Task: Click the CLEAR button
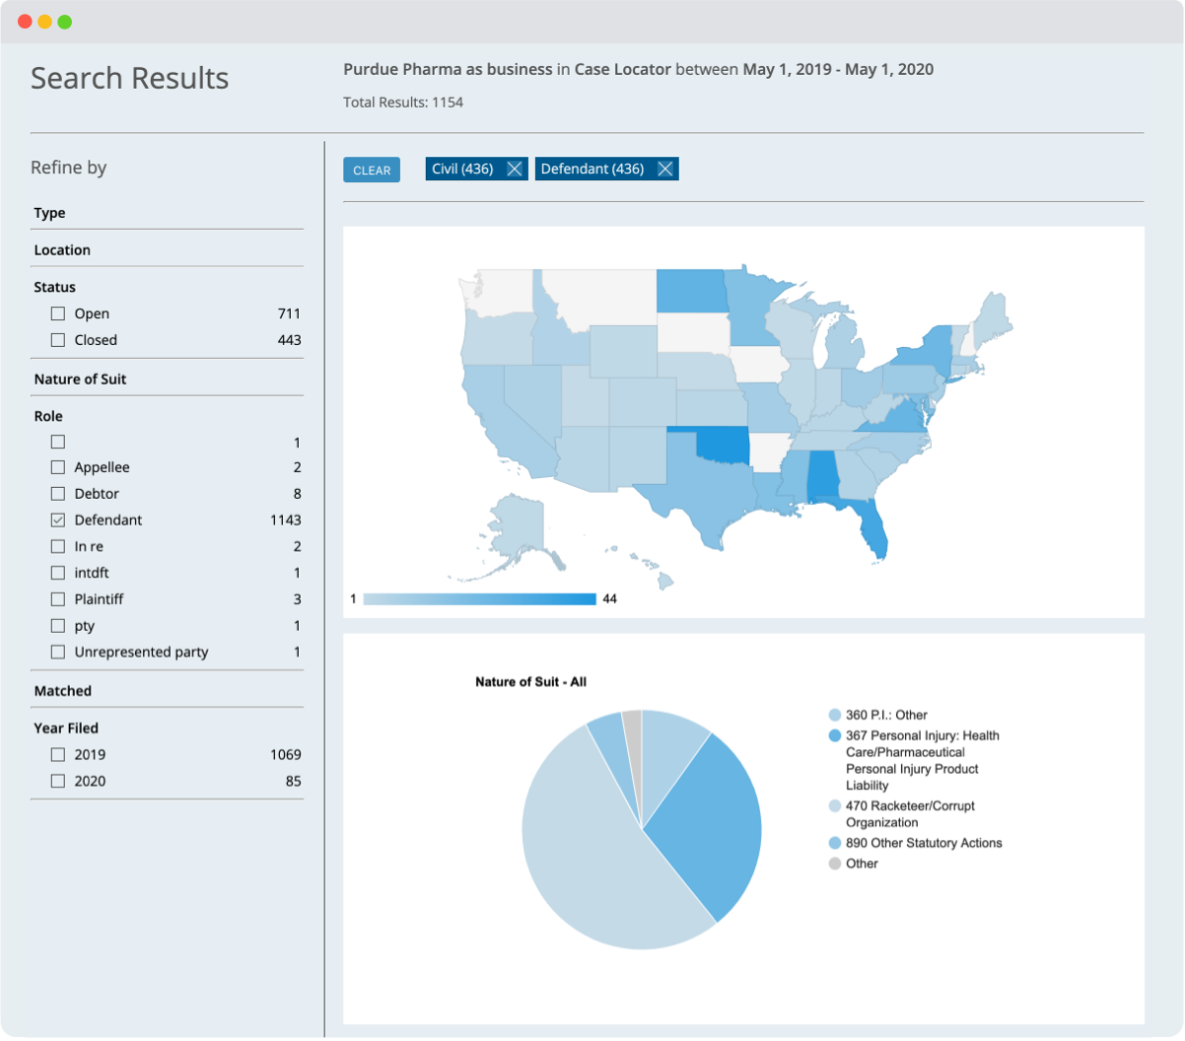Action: (x=372, y=170)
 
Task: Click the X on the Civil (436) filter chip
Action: (x=515, y=169)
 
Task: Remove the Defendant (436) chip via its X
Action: (x=665, y=169)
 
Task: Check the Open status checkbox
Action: (x=58, y=313)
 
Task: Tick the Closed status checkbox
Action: (x=58, y=340)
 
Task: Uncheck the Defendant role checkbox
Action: (x=58, y=520)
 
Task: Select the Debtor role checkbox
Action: (x=58, y=494)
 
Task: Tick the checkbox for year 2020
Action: (x=58, y=781)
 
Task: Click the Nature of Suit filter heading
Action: (x=80, y=379)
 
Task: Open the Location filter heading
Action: (x=62, y=250)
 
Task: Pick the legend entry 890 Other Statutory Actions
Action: (x=924, y=843)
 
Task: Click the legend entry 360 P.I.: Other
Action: (x=886, y=715)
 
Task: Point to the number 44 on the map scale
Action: (x=609, y=598)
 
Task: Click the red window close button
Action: (x=25, y=22)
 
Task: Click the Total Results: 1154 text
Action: (x=403, y=103)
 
